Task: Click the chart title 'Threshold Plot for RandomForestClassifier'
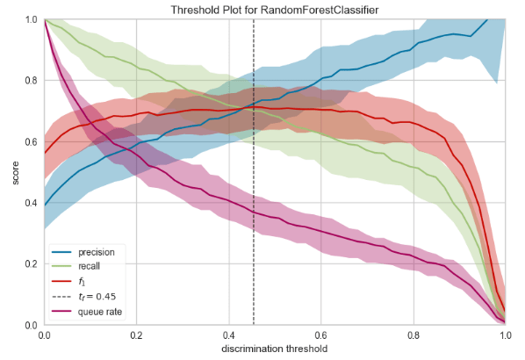(x=275, y=9)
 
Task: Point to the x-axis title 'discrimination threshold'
(x=275, y=349)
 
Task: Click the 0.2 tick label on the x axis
(x=137, y=335)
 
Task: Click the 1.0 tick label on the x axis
(x=505, y=335)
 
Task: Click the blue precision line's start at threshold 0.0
(x=45, y=205)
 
